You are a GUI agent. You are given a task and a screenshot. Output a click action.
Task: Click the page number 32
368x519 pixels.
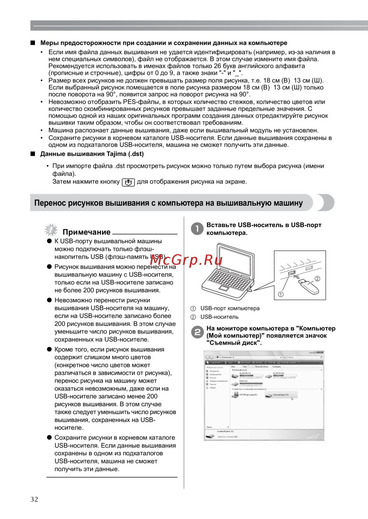coord(34,499)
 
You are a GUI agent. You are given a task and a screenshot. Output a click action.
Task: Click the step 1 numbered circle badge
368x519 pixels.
coord(197,228)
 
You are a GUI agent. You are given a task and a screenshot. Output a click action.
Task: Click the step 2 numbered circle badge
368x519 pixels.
coord(197,332)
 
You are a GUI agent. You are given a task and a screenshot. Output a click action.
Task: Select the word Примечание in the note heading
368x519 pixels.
coord(86,232)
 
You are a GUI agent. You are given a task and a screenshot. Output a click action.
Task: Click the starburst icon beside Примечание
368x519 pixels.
coord(51,230)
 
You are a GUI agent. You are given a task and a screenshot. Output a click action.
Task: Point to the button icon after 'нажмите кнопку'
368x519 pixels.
coord(128,182)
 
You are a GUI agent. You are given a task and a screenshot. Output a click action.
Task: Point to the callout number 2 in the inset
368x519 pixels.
coord(317,278)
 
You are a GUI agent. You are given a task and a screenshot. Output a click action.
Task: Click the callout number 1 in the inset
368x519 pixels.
coord(281,294)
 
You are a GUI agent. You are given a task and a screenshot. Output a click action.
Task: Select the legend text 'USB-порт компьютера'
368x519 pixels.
coord(230,309)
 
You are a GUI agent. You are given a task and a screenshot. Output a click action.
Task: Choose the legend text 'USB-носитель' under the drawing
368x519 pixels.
coord(219,317)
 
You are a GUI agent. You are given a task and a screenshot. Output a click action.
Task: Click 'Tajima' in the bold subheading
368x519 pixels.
coord(116,154)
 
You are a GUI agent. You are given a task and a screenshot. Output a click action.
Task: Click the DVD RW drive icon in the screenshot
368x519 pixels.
coord(235,395)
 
